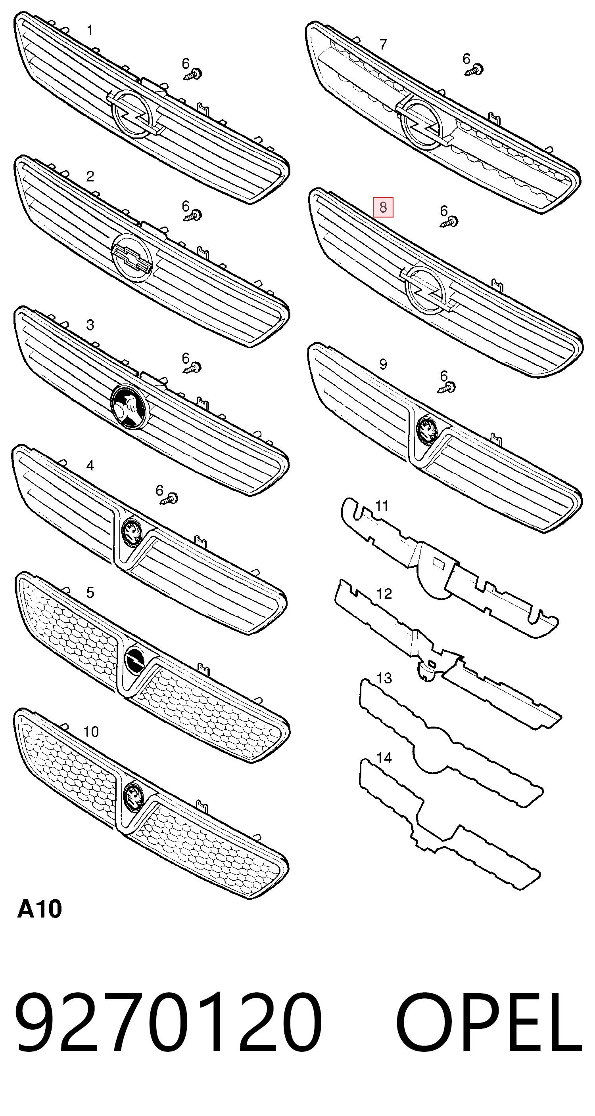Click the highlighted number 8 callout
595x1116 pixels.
pyautogui.click(x=383, y=207)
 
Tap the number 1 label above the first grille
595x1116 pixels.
pyautogui.click(x=90, y=31)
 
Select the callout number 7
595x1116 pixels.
pyautogui.click(x=383, y=44)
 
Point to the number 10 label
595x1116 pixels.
pyautogui.click(x=91, y=732)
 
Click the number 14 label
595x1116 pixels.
pyautogui.click(x=384, y=758)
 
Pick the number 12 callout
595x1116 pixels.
pyautogui.click(x=384, y=593)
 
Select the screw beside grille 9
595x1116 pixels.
pyautogui.click(x=447, y=387)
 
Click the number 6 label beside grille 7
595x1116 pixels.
pyautogui.click(x=466, y=58)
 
